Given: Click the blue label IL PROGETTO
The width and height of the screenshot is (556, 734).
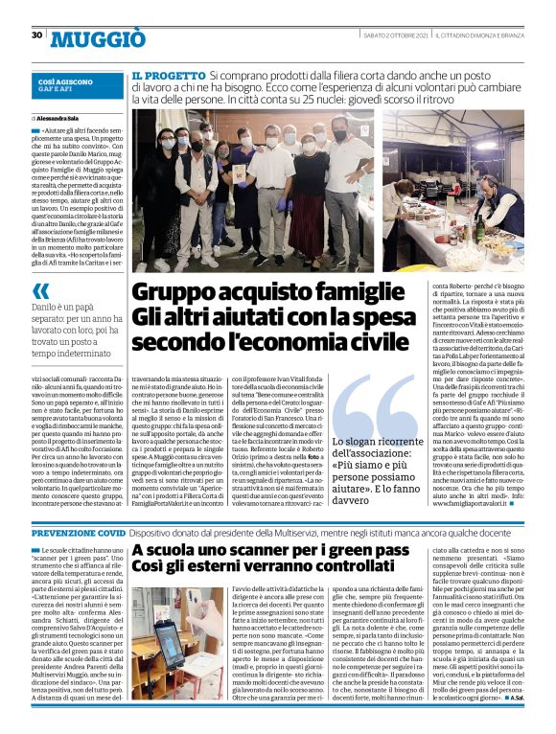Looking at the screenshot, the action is pos(167,75).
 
